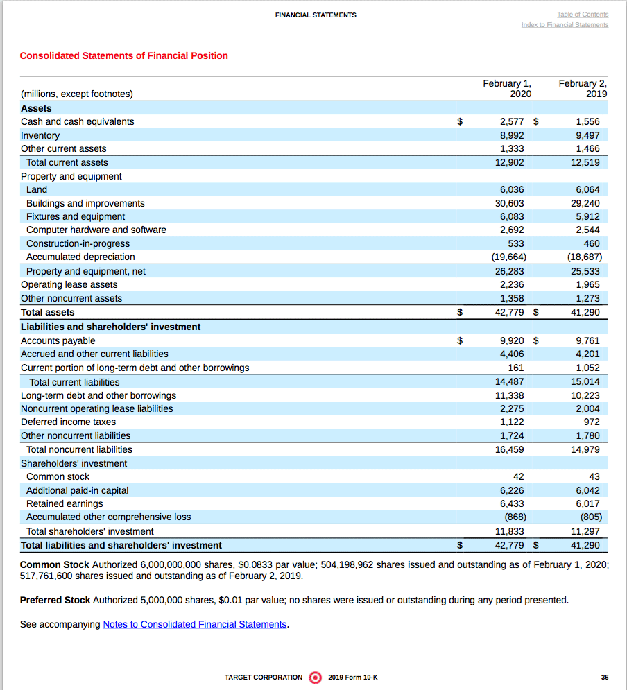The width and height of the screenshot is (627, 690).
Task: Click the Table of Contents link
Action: (582, 15)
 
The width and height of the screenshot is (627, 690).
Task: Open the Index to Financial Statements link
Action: (565, 25)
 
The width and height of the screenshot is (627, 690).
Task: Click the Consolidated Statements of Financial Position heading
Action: (123, 55)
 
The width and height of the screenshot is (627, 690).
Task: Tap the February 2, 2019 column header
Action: (583, 88)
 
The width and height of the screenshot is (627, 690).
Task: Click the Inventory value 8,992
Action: (512, 135)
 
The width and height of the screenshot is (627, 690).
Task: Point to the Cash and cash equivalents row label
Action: (78, 121)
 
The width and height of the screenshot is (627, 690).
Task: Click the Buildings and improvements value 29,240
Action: (587, 203)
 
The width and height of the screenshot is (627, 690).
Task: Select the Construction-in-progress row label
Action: (78, 243)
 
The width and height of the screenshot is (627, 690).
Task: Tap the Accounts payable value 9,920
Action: (512, 340)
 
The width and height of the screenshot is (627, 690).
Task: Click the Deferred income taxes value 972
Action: (592, 422)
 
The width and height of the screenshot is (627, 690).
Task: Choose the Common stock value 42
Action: (518, 476)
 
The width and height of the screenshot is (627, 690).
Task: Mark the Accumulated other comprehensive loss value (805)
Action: (590, 517)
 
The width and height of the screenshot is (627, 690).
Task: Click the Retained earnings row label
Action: (65, 503)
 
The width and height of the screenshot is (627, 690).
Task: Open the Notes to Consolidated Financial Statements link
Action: (195, 624)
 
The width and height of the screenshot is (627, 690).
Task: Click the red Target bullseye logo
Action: (315, 677)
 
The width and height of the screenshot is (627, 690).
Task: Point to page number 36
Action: (605, 678)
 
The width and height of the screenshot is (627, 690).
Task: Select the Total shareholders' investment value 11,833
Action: (509, 531)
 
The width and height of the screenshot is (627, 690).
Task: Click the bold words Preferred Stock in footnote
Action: (55, 600)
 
